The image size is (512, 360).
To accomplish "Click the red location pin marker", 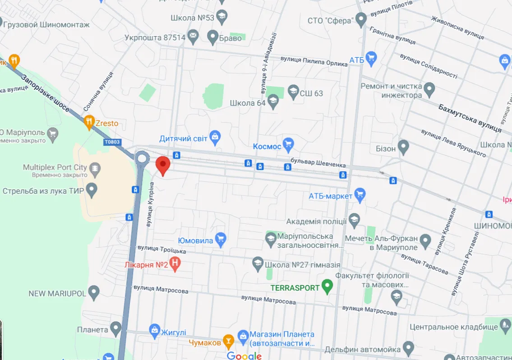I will (x=163, y=166).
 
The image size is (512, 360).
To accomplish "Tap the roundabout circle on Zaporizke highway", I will (x=143, y=158).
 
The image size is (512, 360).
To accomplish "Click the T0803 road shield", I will (x=112, y=142).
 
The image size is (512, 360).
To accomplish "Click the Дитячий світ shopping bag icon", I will (x=215, y=137).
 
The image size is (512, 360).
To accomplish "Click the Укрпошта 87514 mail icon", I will (x=193, y=37).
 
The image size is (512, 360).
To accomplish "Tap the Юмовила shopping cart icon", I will (x=220, y=240).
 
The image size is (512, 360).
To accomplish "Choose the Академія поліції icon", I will (x=355, y=220).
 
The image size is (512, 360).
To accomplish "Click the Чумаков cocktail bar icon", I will (x=228, y=342).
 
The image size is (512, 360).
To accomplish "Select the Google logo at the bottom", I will (x=244, y=355).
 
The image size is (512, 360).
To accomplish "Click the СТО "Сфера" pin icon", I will (x=360, y=19).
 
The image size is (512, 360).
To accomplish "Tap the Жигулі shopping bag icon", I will (x=155, y=332).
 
